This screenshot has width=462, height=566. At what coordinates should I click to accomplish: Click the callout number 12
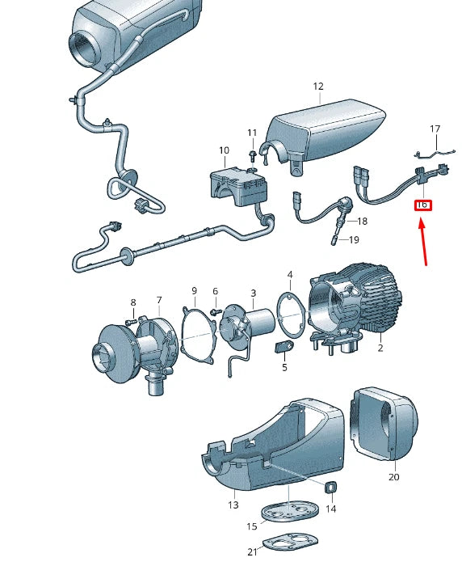tap(317, 87)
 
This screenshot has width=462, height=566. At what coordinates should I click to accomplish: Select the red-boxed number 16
tap(422, 205)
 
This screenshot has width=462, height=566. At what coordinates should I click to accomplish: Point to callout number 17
tap(435, 129)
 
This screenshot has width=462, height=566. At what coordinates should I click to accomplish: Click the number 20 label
tap(393, 477)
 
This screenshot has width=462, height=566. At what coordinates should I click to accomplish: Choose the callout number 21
tap(252, 551)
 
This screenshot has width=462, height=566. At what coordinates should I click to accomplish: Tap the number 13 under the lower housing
tap(233, 505)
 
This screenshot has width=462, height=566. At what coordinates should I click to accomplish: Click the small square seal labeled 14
tap(330, 488)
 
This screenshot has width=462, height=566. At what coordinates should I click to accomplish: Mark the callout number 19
tap(354, 240)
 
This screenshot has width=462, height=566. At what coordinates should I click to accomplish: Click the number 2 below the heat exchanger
tap(380, 348)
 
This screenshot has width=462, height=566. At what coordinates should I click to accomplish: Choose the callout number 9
tap(194, 290)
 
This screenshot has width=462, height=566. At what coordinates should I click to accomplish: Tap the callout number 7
tap(158, 300)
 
